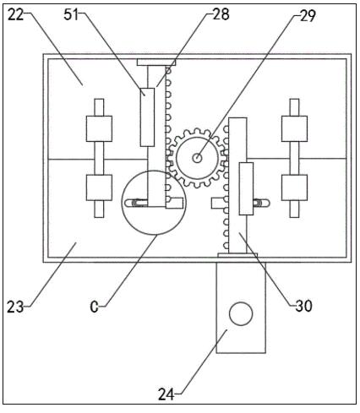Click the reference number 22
(15, 14)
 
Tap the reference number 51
(71, 14)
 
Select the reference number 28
(221, 14)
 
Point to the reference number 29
(308, 16)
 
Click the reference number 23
(15, 307)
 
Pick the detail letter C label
(94, 307)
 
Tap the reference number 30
(303, 306)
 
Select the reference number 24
(166, 394)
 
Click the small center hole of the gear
(197, 158)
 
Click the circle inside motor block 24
(241, 314)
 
